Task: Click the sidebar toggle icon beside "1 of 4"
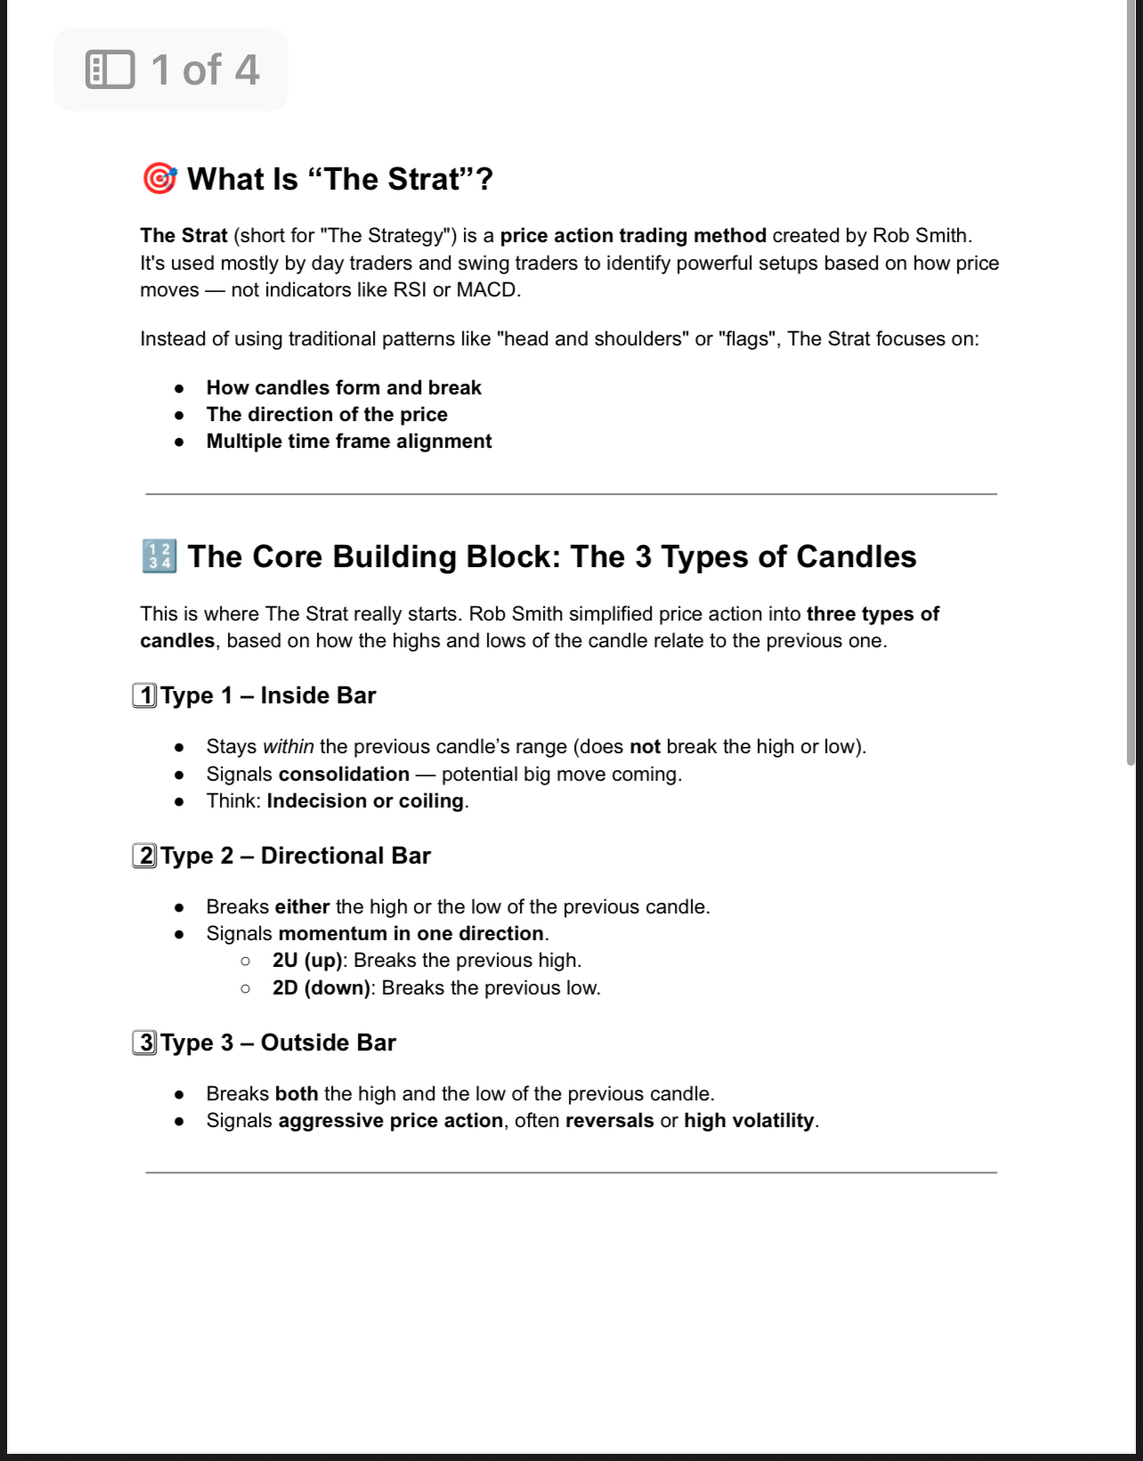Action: (x=110, y=69)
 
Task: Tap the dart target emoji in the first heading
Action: (x=159, y=179)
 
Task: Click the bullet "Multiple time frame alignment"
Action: (x=349, y=442)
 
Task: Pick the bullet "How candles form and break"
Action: (x=344, y=388)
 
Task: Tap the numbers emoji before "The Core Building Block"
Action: (x=159, y=556)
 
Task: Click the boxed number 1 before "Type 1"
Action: (x=145, y=695)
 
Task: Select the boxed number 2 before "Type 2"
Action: (x=145, y=856)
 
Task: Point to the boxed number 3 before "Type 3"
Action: (x=145, y=1043)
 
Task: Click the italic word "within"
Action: (x=288, y=747)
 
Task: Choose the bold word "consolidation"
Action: (x=344, y=775)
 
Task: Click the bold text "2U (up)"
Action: (x=307, y=961)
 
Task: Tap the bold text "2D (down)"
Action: (x=321, y=988)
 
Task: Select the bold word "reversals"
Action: (x=609, y=1121)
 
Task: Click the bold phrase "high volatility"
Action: (x=749, y=1121)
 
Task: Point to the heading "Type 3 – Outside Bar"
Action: (x=278, y=1043)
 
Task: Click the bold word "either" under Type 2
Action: (x=302, y=907)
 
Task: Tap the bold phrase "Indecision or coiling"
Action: (x=365, y=801)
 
